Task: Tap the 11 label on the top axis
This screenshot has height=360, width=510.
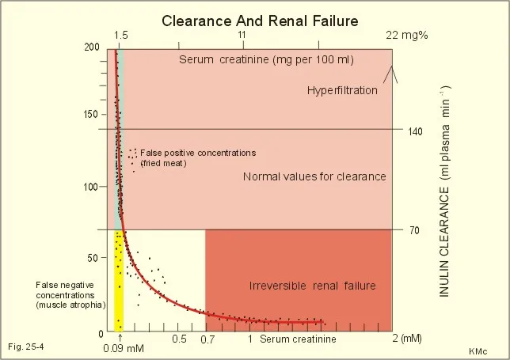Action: (242, 36)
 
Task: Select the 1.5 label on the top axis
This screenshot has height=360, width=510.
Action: (121, 36)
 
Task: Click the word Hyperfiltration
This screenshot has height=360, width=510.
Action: (342, 91)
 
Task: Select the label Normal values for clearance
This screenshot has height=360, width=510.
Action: (314, 176)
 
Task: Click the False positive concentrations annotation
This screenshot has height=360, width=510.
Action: (198, 153)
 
